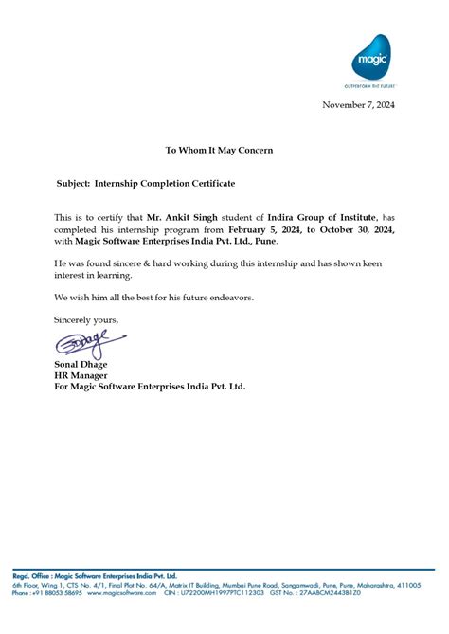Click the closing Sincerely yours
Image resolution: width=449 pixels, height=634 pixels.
[87, 319]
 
